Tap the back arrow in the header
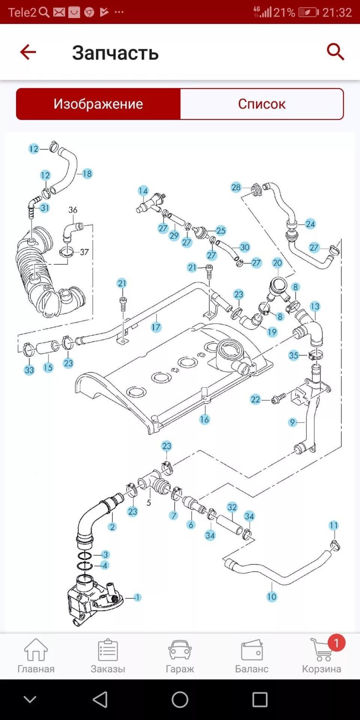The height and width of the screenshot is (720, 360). (x=28, y=52)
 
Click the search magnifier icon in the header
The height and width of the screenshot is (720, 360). (x=336, y=52)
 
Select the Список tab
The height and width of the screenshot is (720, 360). (x=262, y=104)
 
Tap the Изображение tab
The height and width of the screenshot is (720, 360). (x=98, y=104)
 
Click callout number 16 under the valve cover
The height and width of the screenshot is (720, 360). (x=204, y=419)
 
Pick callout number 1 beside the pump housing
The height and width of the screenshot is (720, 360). (x=137, y=597)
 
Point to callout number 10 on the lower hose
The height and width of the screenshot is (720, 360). (x=271, y=597)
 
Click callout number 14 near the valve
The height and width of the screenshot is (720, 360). (x=143, y=191)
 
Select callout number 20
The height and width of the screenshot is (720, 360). (x=277, y=263)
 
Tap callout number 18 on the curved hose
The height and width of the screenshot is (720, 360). (x=87, y=174)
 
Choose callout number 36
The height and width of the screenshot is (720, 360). (x=73, y=210)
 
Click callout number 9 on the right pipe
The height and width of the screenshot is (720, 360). (x=292, y=422)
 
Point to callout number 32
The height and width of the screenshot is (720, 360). (x=232, y=507)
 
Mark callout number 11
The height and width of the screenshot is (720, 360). (x=333, y=525)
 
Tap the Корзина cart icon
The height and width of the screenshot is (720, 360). (x=321, y=651)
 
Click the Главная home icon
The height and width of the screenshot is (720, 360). (x=36, y=651)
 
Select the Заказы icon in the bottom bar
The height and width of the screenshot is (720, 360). (x=108, y=651)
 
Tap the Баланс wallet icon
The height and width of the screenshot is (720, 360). (x=252, y=651)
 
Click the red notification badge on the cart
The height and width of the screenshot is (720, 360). (x=336, y=642)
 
